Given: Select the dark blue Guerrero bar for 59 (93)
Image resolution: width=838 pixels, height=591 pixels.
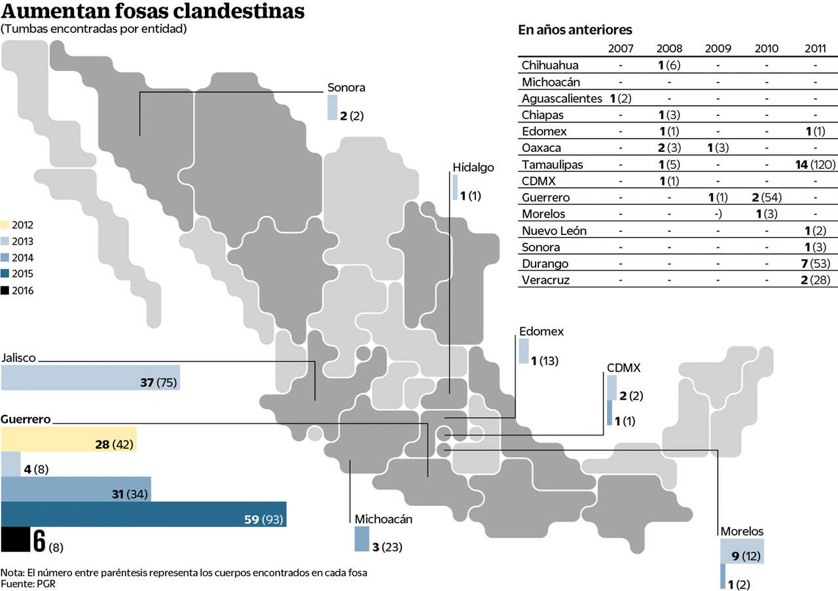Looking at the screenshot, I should (143, 514).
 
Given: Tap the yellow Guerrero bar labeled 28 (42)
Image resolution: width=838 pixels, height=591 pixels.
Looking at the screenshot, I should (69, 439).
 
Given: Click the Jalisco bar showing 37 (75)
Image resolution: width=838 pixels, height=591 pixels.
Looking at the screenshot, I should (90, 378).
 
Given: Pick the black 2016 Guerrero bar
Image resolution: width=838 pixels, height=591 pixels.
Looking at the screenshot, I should (14, 539).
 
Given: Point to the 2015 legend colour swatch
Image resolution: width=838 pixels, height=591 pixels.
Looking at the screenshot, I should (6, 274).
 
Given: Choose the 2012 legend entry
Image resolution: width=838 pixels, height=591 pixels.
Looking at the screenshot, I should (18, 225).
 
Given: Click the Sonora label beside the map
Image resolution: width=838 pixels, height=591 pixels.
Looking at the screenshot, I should (346, 88).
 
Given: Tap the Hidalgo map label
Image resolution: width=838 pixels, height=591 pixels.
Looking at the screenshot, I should (473, 168).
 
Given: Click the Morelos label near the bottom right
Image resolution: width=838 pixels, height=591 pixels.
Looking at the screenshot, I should (742, 531).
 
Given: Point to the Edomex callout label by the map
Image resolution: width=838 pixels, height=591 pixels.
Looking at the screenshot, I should (541, 332).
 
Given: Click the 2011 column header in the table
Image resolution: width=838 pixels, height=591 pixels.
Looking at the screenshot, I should (815, 48).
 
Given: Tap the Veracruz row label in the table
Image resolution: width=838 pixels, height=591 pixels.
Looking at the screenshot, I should (545, 281).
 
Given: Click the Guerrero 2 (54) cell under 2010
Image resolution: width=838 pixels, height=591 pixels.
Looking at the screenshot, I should (767, 198).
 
